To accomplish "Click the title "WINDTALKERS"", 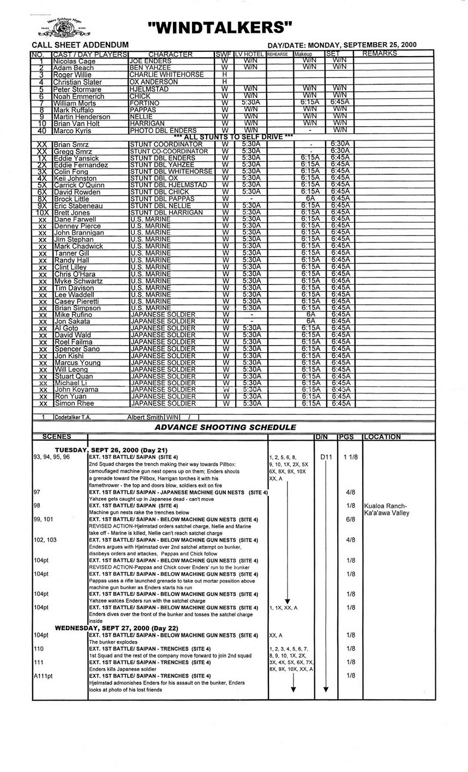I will click(x=220, y=27).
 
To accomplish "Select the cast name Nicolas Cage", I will click(x=74, y=61).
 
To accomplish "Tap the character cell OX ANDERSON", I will click(x=153, y=82).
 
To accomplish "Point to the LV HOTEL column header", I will click(x=250, y=54).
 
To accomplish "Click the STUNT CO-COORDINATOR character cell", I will click(x=169, y=151).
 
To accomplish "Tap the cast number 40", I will click(x=41, y=130).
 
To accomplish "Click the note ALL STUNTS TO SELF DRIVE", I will click(x=233, y=136).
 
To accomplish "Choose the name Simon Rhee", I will click(x=74, y=403).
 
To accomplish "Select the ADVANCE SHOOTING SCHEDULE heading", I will click(x=225, y=427).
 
